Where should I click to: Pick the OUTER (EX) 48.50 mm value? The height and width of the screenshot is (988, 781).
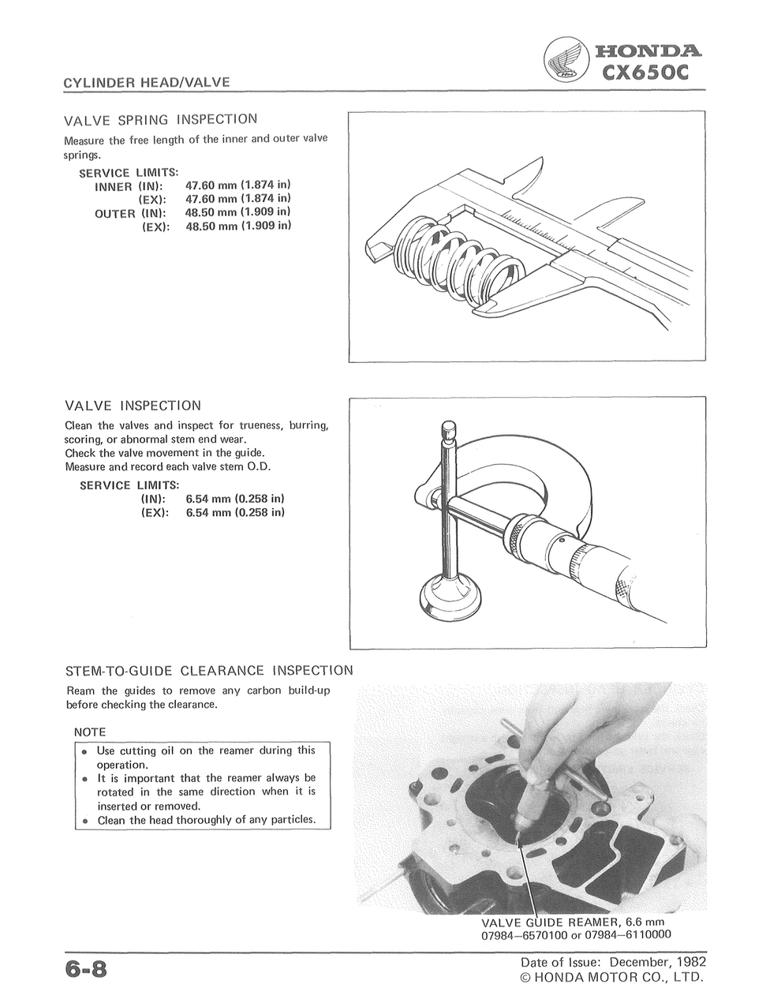pos(237,226)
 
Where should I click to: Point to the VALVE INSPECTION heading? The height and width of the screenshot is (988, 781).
pos(133,406)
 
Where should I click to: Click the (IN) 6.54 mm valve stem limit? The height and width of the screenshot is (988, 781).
pos(234,499)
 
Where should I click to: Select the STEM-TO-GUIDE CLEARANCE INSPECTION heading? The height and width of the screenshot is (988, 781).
pos(209,672)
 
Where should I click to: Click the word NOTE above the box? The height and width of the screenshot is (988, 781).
pos(90,732)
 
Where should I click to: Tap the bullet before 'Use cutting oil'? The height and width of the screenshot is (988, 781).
pos(84,752)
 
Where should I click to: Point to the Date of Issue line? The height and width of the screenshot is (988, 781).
pos(613,963)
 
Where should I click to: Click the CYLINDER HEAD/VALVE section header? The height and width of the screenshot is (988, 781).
pos(147,82)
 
